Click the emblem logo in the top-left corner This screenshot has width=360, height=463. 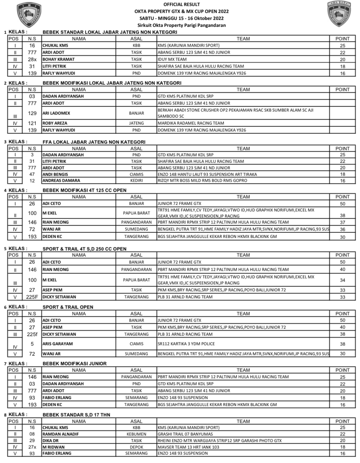28,15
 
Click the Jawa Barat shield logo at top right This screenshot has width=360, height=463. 339,14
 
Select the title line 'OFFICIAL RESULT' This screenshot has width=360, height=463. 180,4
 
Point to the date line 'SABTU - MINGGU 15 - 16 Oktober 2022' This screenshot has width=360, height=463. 180,18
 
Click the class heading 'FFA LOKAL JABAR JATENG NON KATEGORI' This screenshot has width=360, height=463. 94,142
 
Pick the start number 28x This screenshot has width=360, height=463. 32,59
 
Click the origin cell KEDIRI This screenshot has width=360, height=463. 137,180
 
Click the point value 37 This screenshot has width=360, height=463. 342,222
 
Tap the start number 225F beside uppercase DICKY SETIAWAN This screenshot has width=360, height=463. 32,297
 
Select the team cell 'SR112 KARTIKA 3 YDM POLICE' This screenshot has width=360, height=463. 186,344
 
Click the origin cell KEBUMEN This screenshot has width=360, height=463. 137,433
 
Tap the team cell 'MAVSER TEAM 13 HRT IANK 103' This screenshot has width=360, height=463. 188,447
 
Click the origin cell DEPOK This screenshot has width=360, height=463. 137,447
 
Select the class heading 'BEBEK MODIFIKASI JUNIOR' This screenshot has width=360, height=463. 74,364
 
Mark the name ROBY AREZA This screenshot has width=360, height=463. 55,123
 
